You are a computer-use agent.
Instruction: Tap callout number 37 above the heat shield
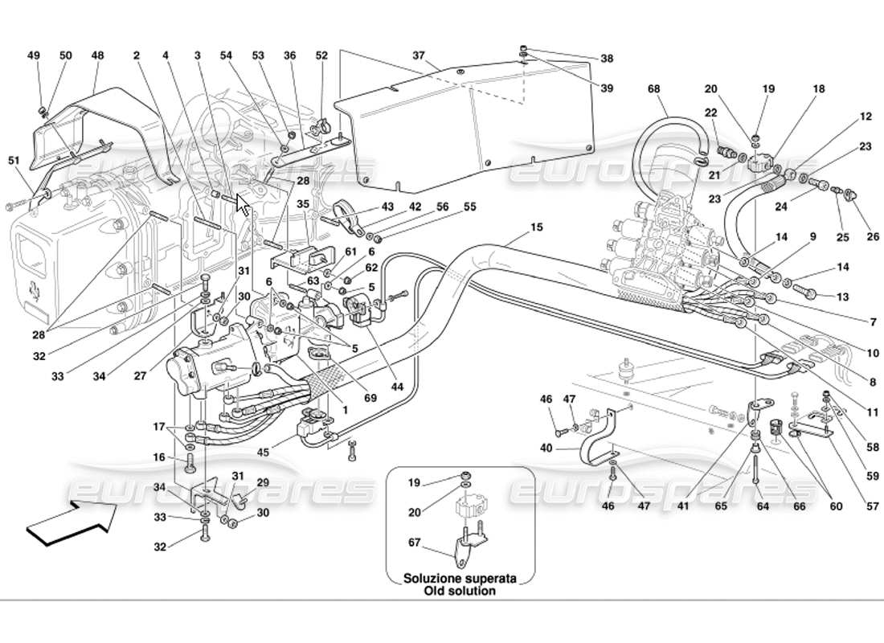[419, 55]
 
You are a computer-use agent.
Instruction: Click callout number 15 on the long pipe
[536, 227]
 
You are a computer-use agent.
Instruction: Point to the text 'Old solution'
[460, 591]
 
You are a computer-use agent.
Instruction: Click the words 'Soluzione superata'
[460, 578]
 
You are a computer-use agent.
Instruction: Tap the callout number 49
[33, 55]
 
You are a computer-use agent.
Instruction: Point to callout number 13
[842, 297]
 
